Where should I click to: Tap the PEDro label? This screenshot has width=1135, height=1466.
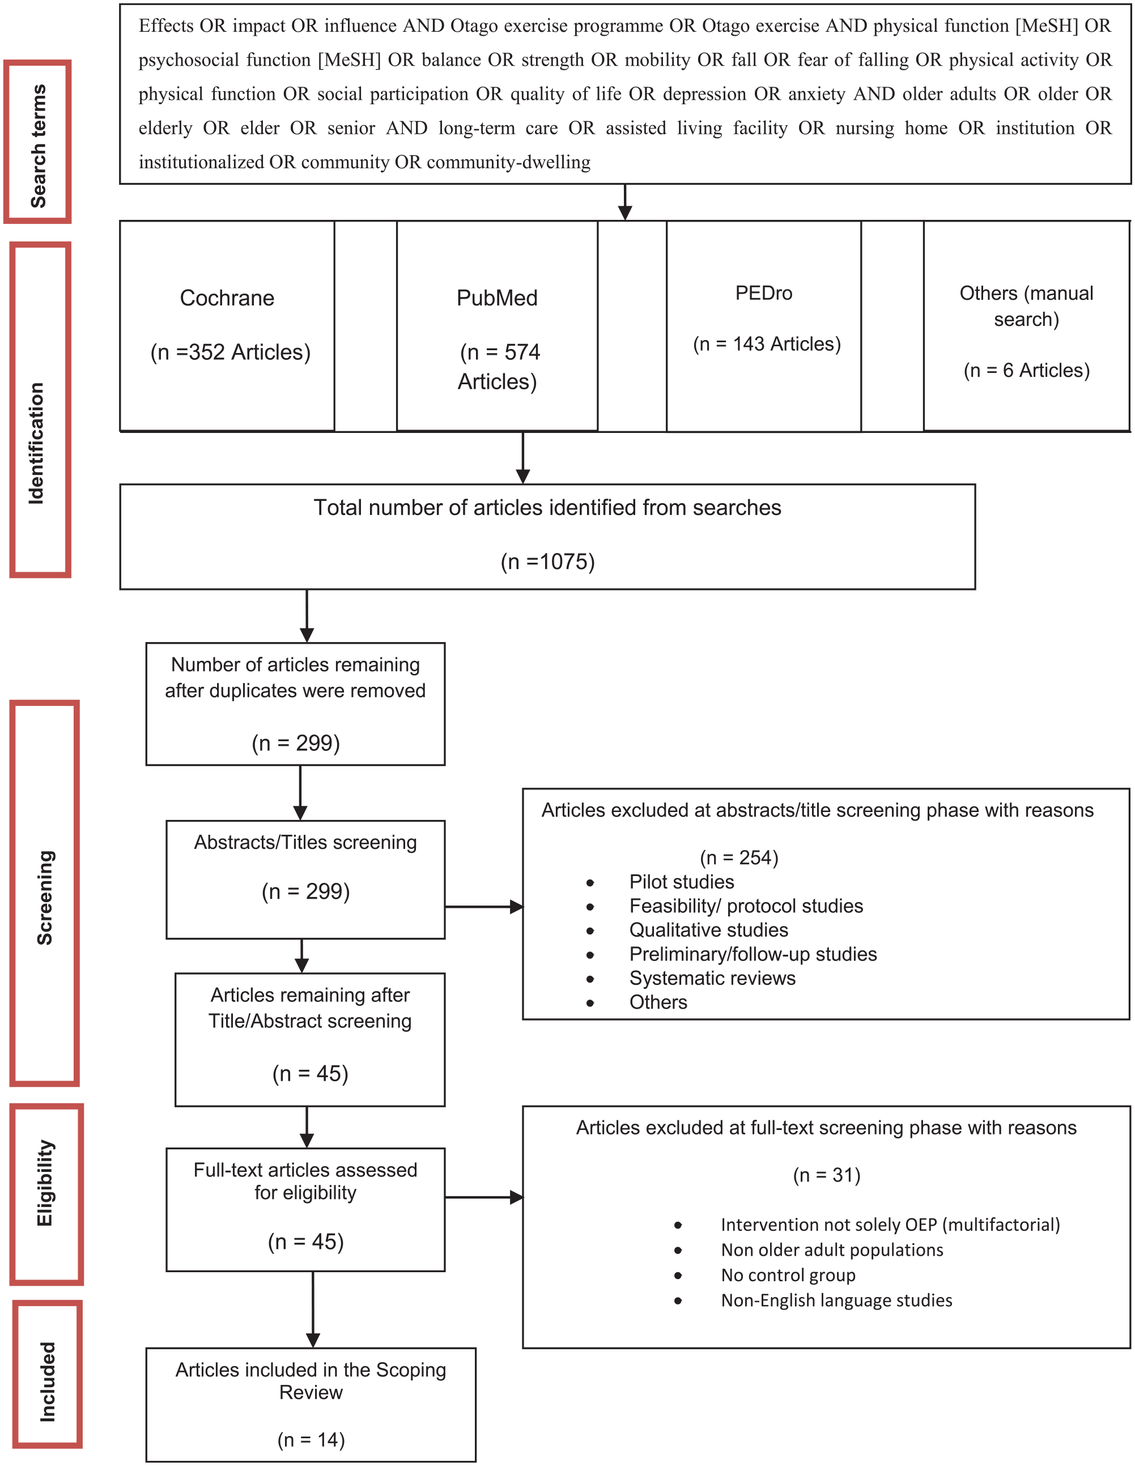(764, 294)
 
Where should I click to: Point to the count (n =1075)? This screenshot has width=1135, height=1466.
(548, 561)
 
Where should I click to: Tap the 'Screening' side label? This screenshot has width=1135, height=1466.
(44, 898)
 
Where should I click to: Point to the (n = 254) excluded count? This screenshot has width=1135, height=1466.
(739, 857)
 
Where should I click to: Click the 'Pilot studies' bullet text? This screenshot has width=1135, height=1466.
(681, 881)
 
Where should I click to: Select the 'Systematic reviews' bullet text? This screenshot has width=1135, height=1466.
(712, 978)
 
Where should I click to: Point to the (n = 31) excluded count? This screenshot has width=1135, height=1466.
(826, 1175)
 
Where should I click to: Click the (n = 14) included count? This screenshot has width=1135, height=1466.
(311, 1439)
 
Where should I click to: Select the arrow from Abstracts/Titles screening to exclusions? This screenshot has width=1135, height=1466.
(484, 907)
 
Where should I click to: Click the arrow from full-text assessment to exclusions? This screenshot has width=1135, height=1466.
(484, 1197)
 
